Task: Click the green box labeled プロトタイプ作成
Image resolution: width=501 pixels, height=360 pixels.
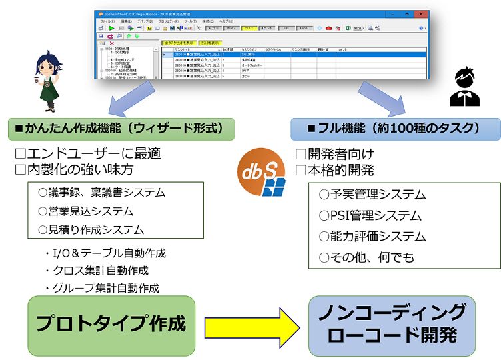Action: (111, 325)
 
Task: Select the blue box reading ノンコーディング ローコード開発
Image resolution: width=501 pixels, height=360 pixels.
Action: (392, 325)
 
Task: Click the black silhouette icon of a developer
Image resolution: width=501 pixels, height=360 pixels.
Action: (464, 88)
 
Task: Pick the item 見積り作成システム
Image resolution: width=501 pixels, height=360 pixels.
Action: (91, 230)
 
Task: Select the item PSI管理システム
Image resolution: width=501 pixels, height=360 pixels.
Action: (370, 215)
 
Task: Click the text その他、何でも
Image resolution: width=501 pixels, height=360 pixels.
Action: (366, 257)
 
